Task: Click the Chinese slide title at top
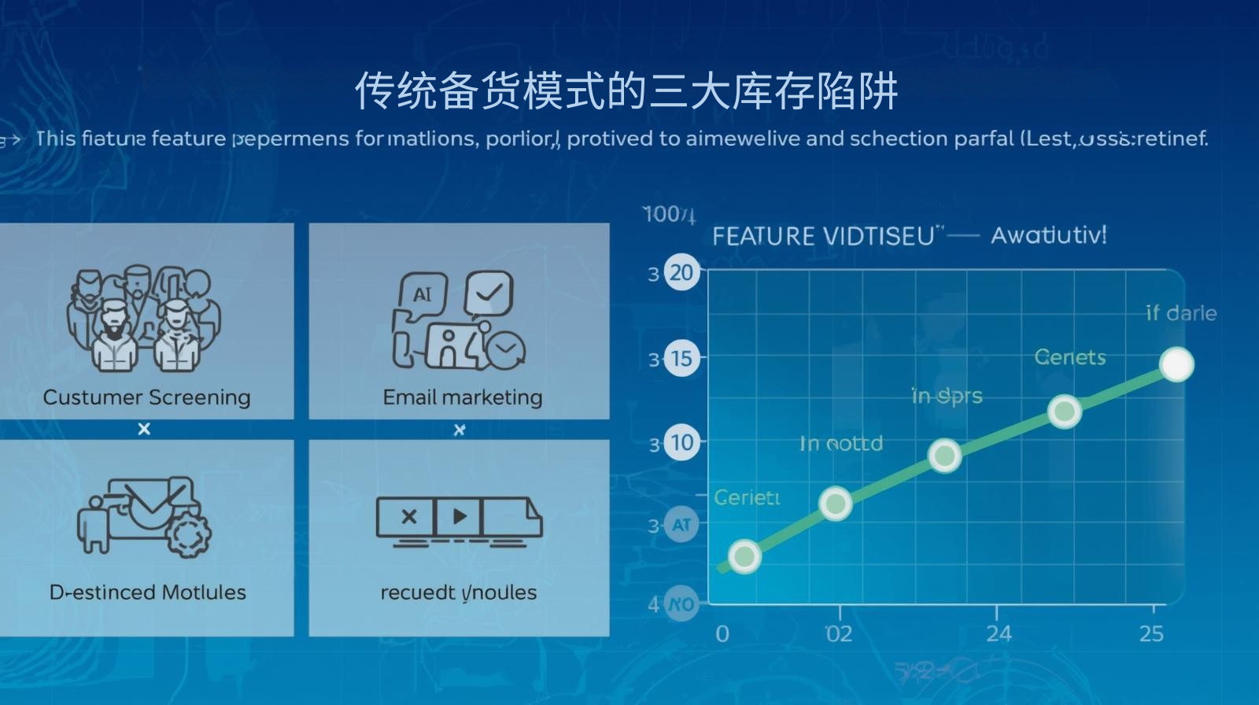626,91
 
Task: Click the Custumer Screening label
146,397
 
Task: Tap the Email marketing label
463,397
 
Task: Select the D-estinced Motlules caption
147,592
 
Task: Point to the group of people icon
144,319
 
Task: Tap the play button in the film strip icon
459,517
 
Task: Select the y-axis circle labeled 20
681,273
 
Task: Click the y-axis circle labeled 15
681,359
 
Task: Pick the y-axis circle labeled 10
681,442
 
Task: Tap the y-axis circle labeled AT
681,526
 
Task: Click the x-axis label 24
999,633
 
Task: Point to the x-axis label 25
1151,633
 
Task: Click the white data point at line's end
1176,365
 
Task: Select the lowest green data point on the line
744,556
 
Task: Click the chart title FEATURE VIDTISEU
823,236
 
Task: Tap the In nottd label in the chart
841,444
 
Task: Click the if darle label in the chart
1181,313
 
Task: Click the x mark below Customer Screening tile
144,429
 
